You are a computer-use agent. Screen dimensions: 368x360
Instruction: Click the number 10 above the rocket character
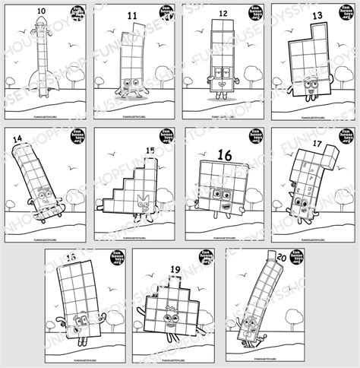(39, 11)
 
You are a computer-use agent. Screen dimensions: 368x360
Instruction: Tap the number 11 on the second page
(132, 14)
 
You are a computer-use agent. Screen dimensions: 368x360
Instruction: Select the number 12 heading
(222, 14)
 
